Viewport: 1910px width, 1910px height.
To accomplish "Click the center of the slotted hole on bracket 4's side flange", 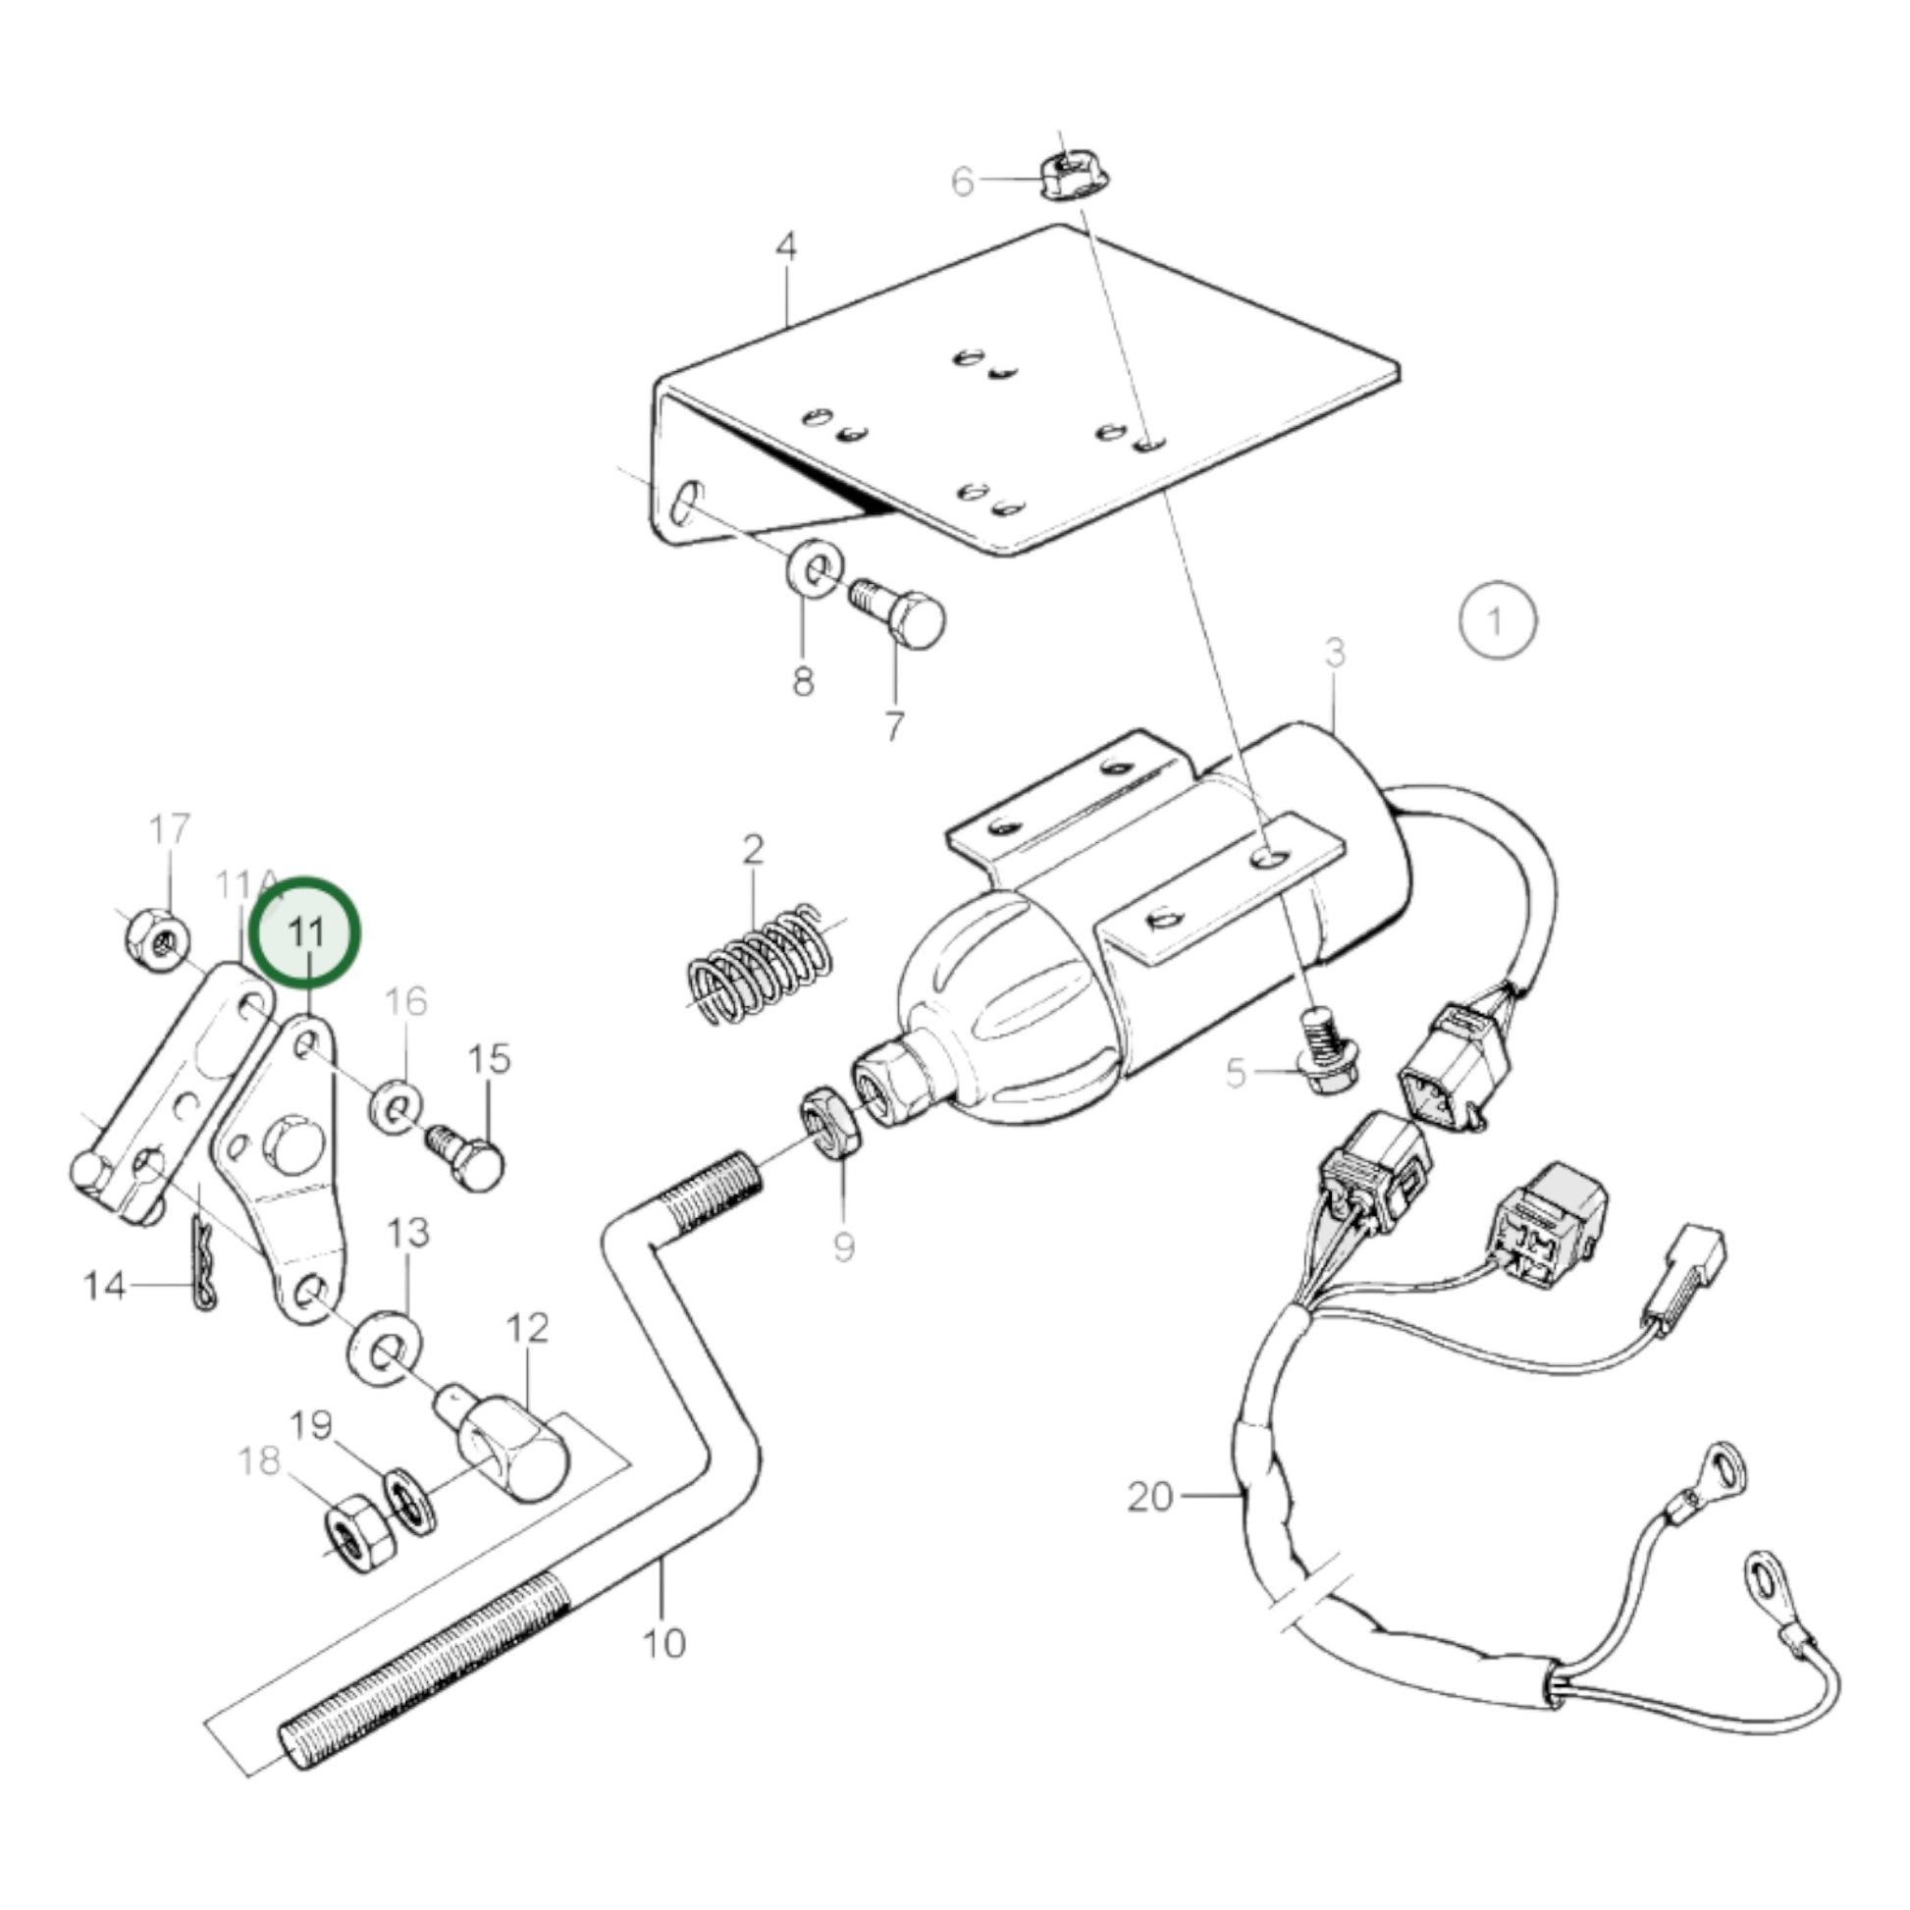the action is click(683, 503).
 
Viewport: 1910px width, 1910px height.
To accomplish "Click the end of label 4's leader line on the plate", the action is click(787, 326).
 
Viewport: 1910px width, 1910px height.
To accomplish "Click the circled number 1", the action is click(1498, 621).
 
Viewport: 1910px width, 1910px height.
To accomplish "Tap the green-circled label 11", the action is click(305, 931).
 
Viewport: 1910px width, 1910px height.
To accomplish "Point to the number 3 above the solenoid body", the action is click(1336, 654).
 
